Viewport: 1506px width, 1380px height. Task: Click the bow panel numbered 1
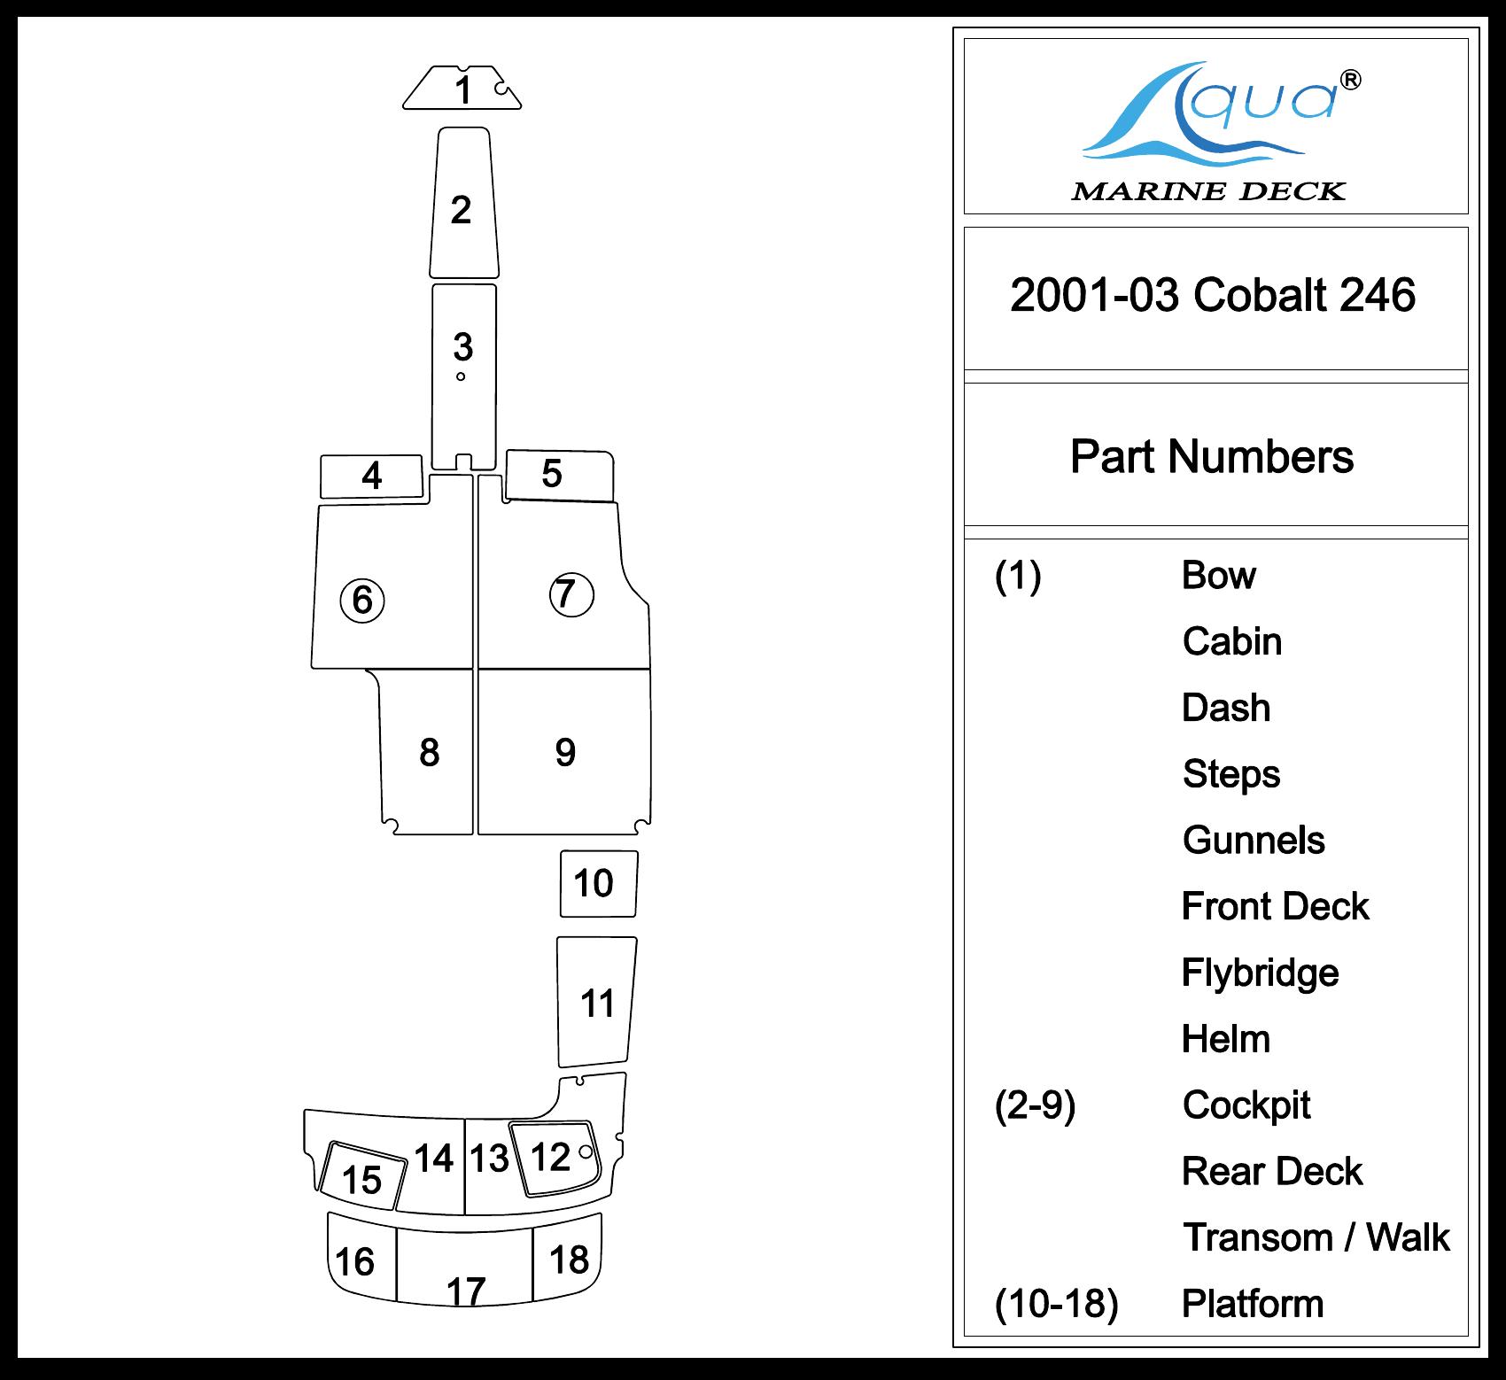point(462,89)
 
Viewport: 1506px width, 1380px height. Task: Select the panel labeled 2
point(462,210)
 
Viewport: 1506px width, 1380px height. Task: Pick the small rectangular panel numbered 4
point(371,477)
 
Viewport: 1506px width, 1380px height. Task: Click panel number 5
point(552,475)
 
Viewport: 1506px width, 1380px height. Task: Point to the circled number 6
point(362,601)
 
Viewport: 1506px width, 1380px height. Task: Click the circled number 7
point(571,594)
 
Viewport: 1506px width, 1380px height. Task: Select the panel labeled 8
point(429,753)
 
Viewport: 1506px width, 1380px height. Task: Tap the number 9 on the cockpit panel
point(565,753)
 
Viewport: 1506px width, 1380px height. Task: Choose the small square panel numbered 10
point(594,883)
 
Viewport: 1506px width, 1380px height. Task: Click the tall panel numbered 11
point(597,1004)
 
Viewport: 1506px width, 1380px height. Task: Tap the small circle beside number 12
point(585,1151)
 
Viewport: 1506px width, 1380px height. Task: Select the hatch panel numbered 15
point(362,1179)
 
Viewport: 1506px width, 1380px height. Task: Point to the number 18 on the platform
point(569,1259)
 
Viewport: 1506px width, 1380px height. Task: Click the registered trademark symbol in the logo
point(1350,81)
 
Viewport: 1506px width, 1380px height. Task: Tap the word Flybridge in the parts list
point(1260,973)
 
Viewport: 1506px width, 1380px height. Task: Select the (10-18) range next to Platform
point(1056,1304)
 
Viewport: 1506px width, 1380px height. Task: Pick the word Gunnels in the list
point(1254,841)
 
